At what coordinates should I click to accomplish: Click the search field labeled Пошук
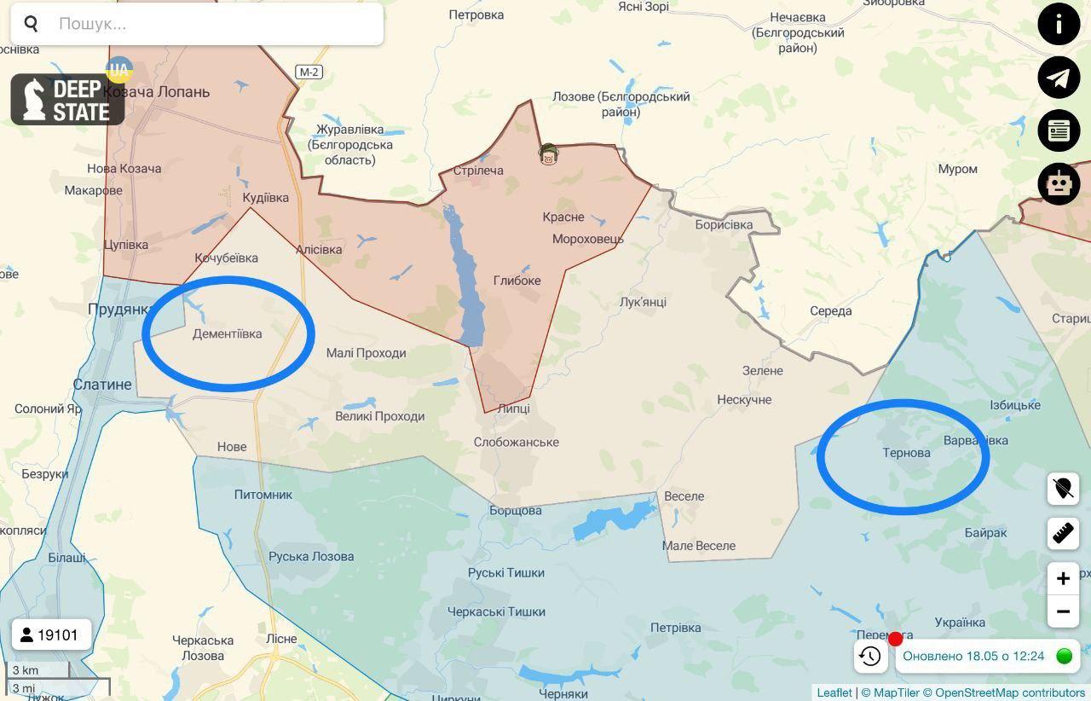click(x=213, y=24)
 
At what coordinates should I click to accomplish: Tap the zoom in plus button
click(x=1063, y=579)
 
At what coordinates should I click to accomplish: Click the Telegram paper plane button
click(x=1059, y=78)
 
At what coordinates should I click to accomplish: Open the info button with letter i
click(x=1059, y=24)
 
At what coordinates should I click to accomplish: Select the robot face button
click(x=1059, y=183)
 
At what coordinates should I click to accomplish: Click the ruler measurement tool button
click(x=1063, y=533)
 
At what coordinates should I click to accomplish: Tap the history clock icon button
click(x=870, y=656)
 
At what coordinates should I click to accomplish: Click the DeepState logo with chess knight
click(x=67, y=100)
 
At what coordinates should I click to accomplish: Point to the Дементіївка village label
click(x=227, y=334)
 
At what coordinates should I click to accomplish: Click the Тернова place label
click(x=906, y=452)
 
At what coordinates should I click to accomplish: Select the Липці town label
click(x=513, y=408)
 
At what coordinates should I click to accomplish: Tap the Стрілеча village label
click(x=478, y=171)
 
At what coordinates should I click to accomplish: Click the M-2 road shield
click(x=309, y=72)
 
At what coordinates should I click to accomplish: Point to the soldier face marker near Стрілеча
click(x=548, y=154)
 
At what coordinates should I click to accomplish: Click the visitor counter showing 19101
click(x=51, y=635)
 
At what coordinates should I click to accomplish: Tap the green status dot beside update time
click(x=1064, y=656)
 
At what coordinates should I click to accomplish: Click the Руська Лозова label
click(x=311, y=557)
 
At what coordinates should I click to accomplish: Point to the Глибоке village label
click(x=517, y=281)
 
